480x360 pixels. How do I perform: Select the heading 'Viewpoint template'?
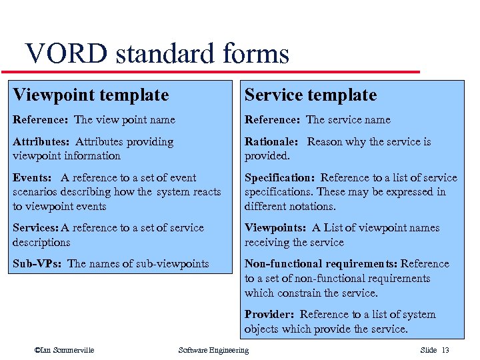point(91,95)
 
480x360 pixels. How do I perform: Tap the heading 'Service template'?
point(311,95)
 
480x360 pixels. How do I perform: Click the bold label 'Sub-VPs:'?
point(37,264)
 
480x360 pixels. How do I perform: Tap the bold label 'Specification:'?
point(280,178)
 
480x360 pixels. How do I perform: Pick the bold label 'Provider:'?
point(269,315)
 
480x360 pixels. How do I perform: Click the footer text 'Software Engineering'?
point(213,351)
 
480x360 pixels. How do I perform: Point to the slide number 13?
point(445,351)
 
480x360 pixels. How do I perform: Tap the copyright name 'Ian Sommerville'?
point(67,351)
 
